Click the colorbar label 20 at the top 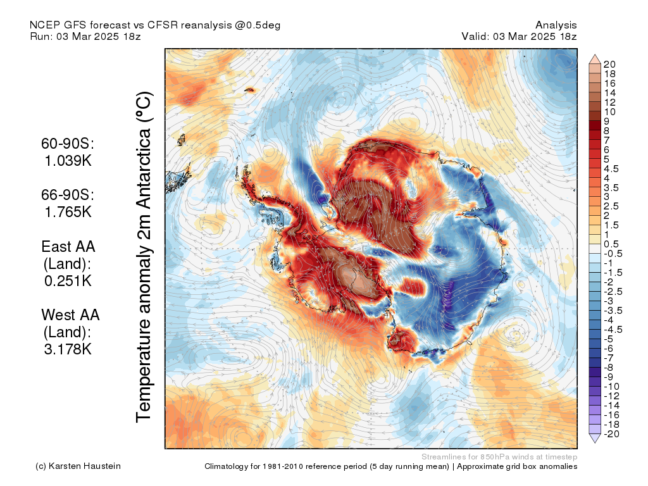click(x=610, y=64)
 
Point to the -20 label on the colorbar click(x=612, y=433)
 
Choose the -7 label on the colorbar click(x=609, y=358)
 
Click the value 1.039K click(x=68, y=161)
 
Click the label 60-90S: click(x=68, y=144)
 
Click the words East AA click(x=68, y=246)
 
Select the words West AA click(x=70, y=314)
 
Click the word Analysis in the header click(x=556, y=25)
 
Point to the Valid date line click(x=519, y=36)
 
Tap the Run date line click(x=85, y=36)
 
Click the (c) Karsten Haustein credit click(x=78, y=466)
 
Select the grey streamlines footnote click(x=499, y=456)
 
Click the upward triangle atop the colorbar click(x=595, y=58)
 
